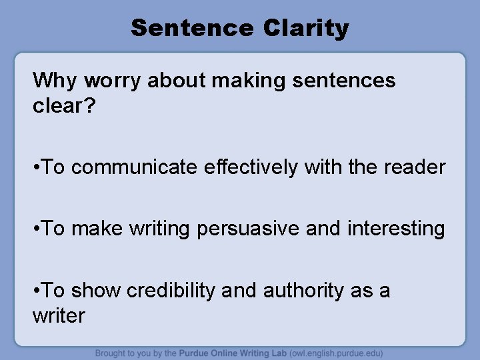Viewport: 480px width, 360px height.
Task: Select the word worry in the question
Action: (111, 81)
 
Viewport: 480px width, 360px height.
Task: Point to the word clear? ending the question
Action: (64, 106)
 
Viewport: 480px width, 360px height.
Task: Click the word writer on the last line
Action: (59, 315)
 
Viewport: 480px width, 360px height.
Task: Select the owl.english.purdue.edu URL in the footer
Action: (339, 353)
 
